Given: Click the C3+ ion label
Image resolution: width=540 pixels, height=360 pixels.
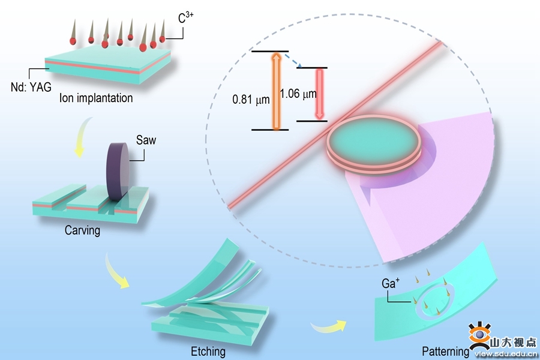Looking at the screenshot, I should click(x=185, y=19).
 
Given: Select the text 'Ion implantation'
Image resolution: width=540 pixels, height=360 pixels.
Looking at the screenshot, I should click(x=96, y=98).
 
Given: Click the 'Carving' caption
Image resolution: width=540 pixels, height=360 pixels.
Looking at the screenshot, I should click(x=82, y=230).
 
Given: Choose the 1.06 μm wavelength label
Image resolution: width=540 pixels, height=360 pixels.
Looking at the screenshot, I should click(x=298, y=94).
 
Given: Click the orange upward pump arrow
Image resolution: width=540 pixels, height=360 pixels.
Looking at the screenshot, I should click(x=277, y=90).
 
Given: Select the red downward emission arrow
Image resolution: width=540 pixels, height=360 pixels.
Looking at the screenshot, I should click(x=319, y=94).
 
